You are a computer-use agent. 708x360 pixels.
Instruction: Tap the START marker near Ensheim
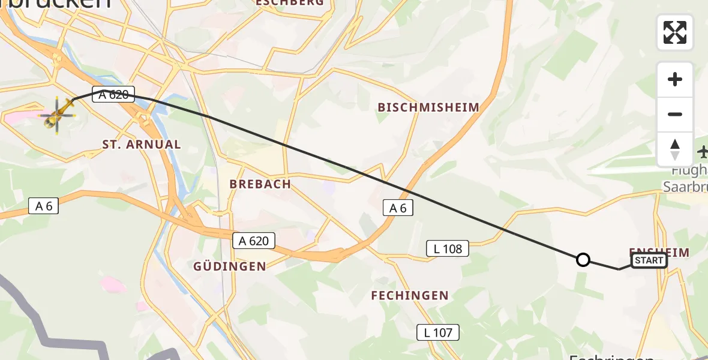click(649, 260)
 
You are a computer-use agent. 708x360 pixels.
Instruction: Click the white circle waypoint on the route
click(583, 260)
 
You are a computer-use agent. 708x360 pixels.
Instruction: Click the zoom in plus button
click(675, 79)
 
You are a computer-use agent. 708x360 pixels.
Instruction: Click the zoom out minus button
click(675, 114)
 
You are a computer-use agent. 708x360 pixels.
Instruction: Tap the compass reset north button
click(675, 149)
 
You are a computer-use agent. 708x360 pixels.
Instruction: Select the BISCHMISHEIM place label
click(428, 107)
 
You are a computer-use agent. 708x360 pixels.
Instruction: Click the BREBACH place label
click(260, 184)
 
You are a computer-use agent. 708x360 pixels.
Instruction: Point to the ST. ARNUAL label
click(142, 144)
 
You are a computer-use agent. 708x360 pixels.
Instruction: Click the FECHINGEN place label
click(410, 295)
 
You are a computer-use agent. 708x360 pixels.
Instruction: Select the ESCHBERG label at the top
click(290, 2)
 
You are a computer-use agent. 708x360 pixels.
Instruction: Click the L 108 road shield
click(447, 248)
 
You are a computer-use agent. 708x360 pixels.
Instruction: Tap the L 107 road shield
click(438, 332)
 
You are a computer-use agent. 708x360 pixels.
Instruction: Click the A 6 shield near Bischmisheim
click(398, 208)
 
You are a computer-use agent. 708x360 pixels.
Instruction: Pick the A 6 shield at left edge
click(44, 206)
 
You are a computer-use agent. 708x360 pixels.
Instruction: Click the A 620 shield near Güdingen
click(254, 241)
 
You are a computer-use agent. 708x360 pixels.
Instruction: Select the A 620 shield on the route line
click(114, 94)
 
